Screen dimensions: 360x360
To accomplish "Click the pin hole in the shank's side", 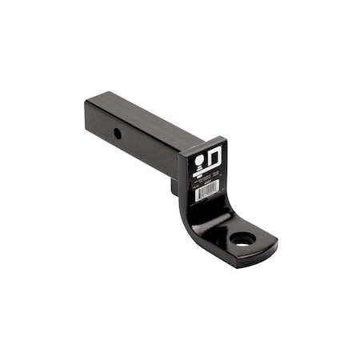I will pyautogui.click(x=118, y=133).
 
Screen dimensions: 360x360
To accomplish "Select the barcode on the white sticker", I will pyautogui.click(x=207, y=193).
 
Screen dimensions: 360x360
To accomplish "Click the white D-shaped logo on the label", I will pyautogui.click(x=215, y=158).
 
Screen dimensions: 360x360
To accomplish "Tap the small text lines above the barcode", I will pyautogui.click(x=206, y=181).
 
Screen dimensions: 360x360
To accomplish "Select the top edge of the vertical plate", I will pyautogui.click(x=203, y=143).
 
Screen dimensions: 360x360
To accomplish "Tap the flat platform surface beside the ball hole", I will pyautogui.click(x=258, y=234).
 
